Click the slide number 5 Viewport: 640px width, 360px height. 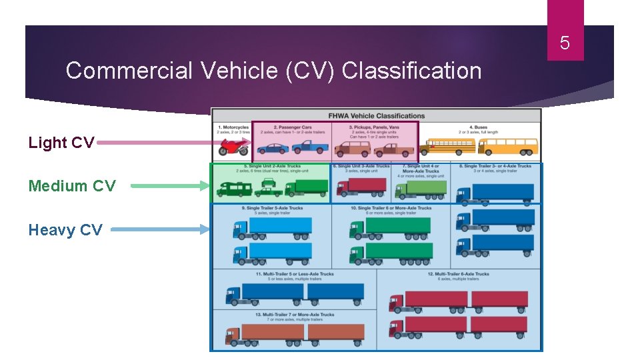tap(565, 44)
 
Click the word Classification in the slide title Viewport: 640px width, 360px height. tap(411, 71)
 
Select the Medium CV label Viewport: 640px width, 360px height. tap(72, 186)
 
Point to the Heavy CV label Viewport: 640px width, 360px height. tap(65, 230)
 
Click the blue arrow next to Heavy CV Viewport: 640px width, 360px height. tap(160, 230)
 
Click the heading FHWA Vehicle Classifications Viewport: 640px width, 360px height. tap(377, 115)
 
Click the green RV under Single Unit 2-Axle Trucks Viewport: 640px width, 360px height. tap(233, 189)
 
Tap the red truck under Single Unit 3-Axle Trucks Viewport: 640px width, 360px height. tap(361, 187)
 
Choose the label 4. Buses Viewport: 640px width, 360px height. tap(479, 127)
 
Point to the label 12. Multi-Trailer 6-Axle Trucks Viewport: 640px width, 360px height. tap(459, 274)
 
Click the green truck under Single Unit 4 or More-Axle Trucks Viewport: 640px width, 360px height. tap(421, 189)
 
